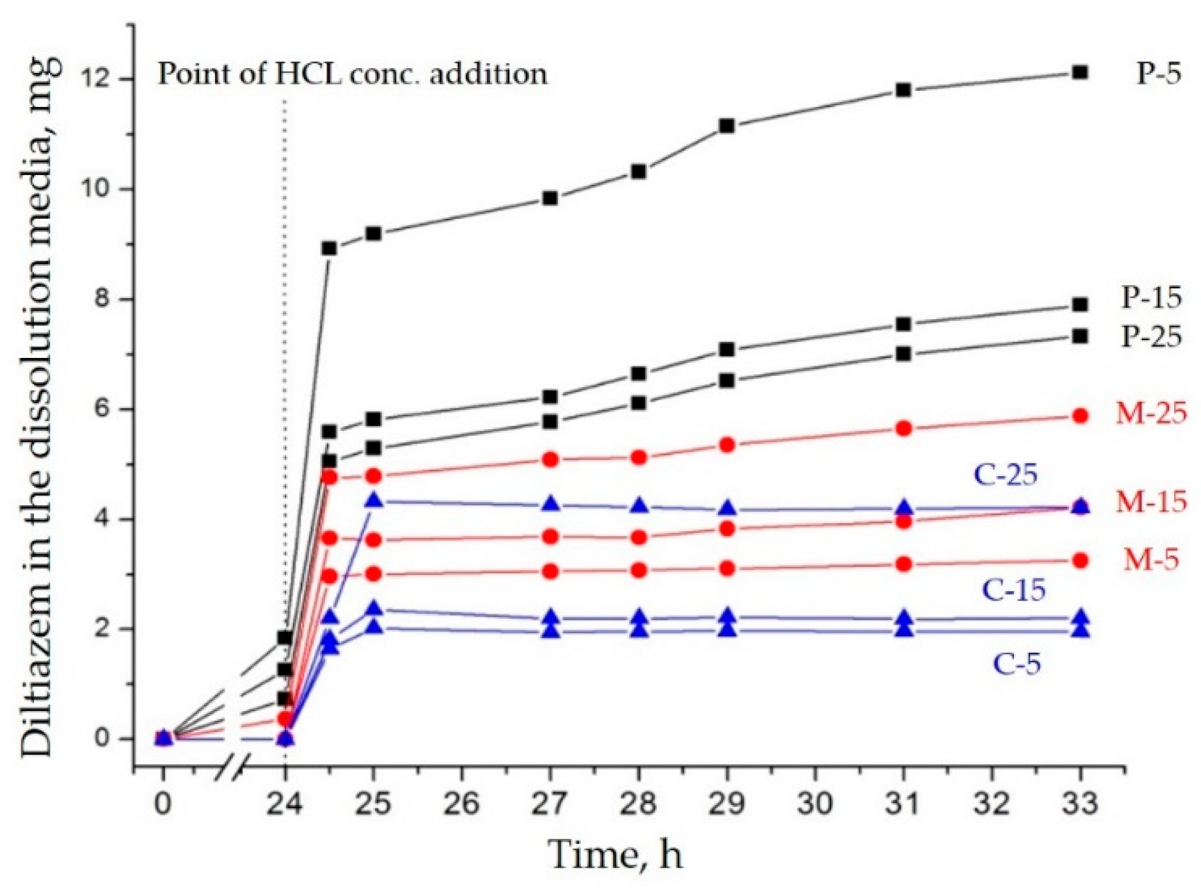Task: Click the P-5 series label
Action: point(1158,74)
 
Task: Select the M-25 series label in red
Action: point(1151,414)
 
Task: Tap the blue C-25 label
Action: point(1006,474)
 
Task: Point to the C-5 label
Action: point(1017,664)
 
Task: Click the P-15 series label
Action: point(1151,298)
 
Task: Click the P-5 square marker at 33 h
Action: point(1080,73)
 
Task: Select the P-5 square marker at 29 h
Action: point(727,126)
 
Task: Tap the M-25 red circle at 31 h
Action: point(903,428)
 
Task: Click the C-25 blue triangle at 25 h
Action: point(374,501)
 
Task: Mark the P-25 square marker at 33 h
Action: point(1080,336)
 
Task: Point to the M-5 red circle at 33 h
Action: point(1080,561)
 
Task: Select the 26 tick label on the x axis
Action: point(461,804)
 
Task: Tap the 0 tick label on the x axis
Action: point(163,804)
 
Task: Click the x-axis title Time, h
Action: point(615,855)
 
